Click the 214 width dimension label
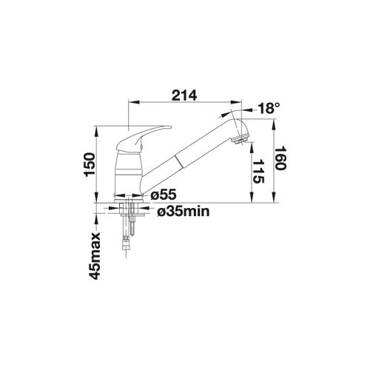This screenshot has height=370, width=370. pyautogui.click(x=184, y=95)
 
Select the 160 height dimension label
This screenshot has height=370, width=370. pyautogui.click(x=280, y=158)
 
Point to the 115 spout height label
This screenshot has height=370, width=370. pyautogui.click(x=258, y=172)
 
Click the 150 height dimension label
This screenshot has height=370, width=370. pyautogui.click(x=90, y=164)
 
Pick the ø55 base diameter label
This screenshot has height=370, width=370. pyautogui.click(x=164, y=195)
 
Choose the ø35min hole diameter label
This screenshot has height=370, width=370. pyautogui.click(x=184, y=212)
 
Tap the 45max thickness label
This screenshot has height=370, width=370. pyautogui.click(x=95, y=255)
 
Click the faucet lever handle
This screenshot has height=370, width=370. pyautogui.click(x=143, y=138)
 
